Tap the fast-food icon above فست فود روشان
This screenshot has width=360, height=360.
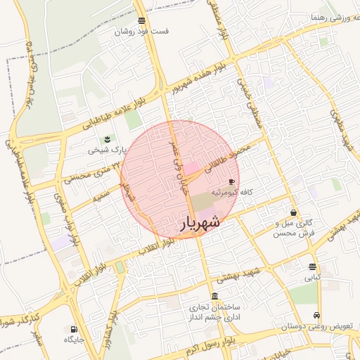(143, 20)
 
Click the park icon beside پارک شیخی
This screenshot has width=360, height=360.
(107, 139)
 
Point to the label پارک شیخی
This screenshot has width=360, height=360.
(106, 150)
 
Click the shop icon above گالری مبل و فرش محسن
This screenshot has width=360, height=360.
(293, 212)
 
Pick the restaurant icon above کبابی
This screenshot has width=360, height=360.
(312, 266)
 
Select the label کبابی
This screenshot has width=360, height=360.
(312, 278)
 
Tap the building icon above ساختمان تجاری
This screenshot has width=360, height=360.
(214, 296)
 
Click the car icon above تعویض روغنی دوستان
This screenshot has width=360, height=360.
(317, 315)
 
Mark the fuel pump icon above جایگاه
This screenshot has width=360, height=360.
(74, 328)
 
